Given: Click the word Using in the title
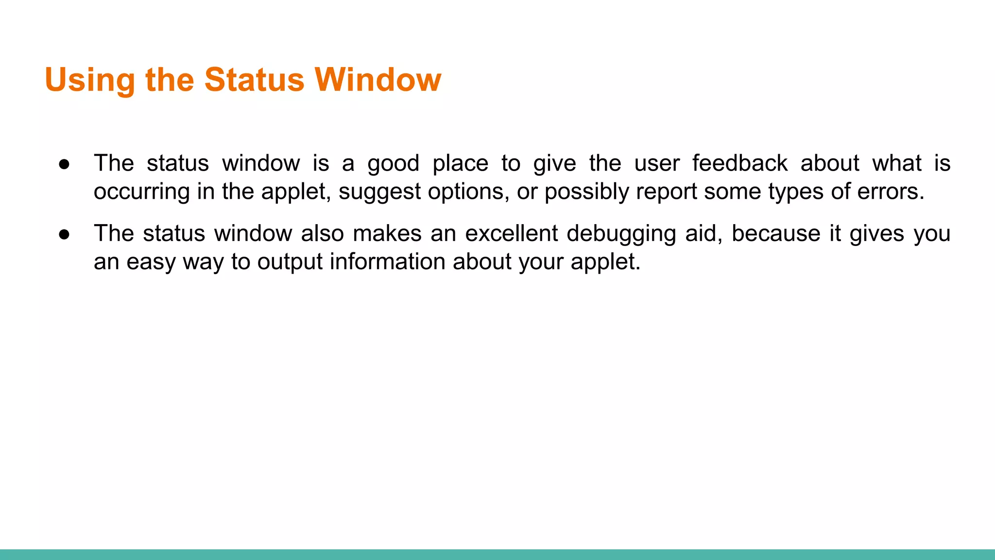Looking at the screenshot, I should point(89,80).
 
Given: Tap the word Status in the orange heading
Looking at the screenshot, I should point(254,80).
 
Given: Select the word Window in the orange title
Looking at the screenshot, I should point(378,80).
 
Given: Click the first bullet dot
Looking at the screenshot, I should point(64,164).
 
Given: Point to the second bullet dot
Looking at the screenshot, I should point(64,234).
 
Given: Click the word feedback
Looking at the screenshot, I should point(739,163).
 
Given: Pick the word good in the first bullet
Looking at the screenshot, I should point(393,164).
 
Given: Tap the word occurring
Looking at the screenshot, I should point(141,192).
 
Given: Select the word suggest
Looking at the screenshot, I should point(379,192).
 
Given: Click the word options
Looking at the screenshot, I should point(469,192).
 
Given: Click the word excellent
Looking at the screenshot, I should point(511,233).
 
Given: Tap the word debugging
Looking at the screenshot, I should point(621,234).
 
